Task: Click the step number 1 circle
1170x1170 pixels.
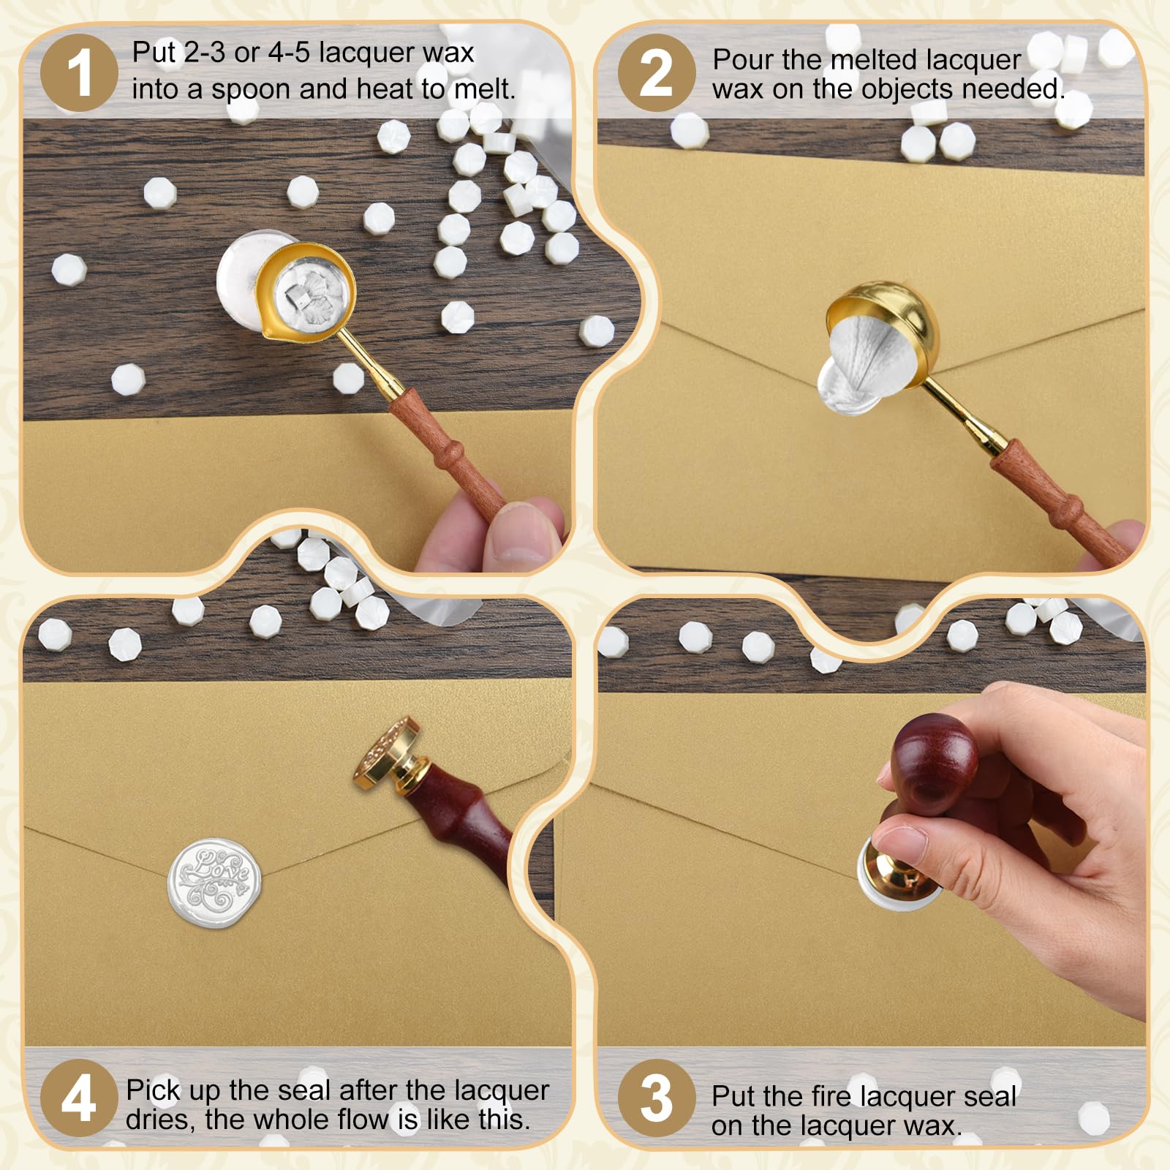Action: tap(79, 73)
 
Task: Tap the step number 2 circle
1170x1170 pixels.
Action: tap(657, 73)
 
